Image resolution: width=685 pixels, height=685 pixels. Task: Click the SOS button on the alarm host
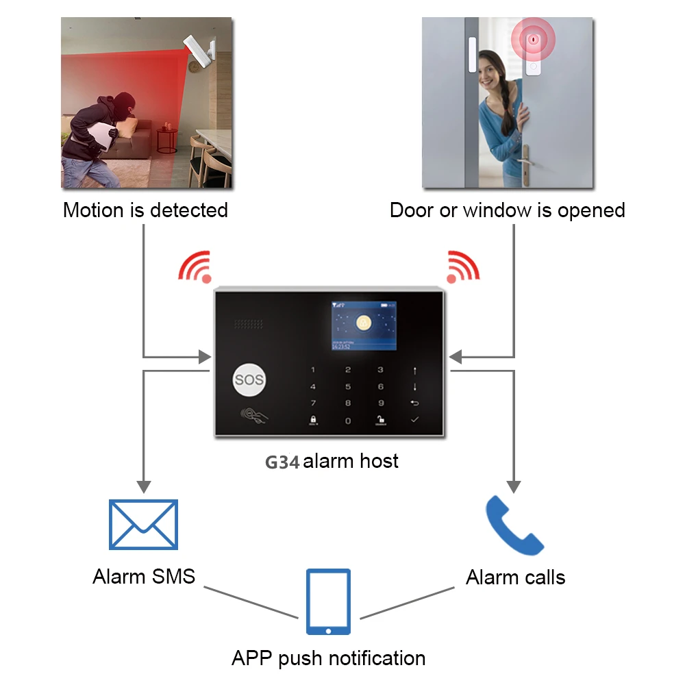pyautogui.click(x=249, y=380)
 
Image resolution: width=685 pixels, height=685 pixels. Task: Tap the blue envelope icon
pyautogui.click(x=144, y=524)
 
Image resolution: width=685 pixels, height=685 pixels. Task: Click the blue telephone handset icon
pyautogui.click(x=514, y=526)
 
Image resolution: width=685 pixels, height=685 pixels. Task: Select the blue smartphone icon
pyautogui.click(x=328, y=602)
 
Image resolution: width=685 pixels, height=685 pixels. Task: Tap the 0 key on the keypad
pyautogui.click(x=347, y=421)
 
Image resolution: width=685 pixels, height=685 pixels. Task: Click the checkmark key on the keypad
pyautogui.click(x=414, y=419)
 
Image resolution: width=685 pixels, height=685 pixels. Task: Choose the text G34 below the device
pyautogui.click(x=282, y=462)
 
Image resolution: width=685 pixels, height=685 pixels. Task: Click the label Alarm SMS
pyautogui.click(x=144, y=576)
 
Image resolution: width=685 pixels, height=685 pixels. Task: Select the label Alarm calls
pyautogui.click(x=515, y=577)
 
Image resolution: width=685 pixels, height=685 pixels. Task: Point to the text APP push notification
pyautogui.click(x=328, y=658)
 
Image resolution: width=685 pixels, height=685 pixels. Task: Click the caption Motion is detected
pyautogui.click(x=145, y=210)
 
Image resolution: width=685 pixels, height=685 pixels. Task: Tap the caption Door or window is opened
pyautogui.click(x=507, y=210)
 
